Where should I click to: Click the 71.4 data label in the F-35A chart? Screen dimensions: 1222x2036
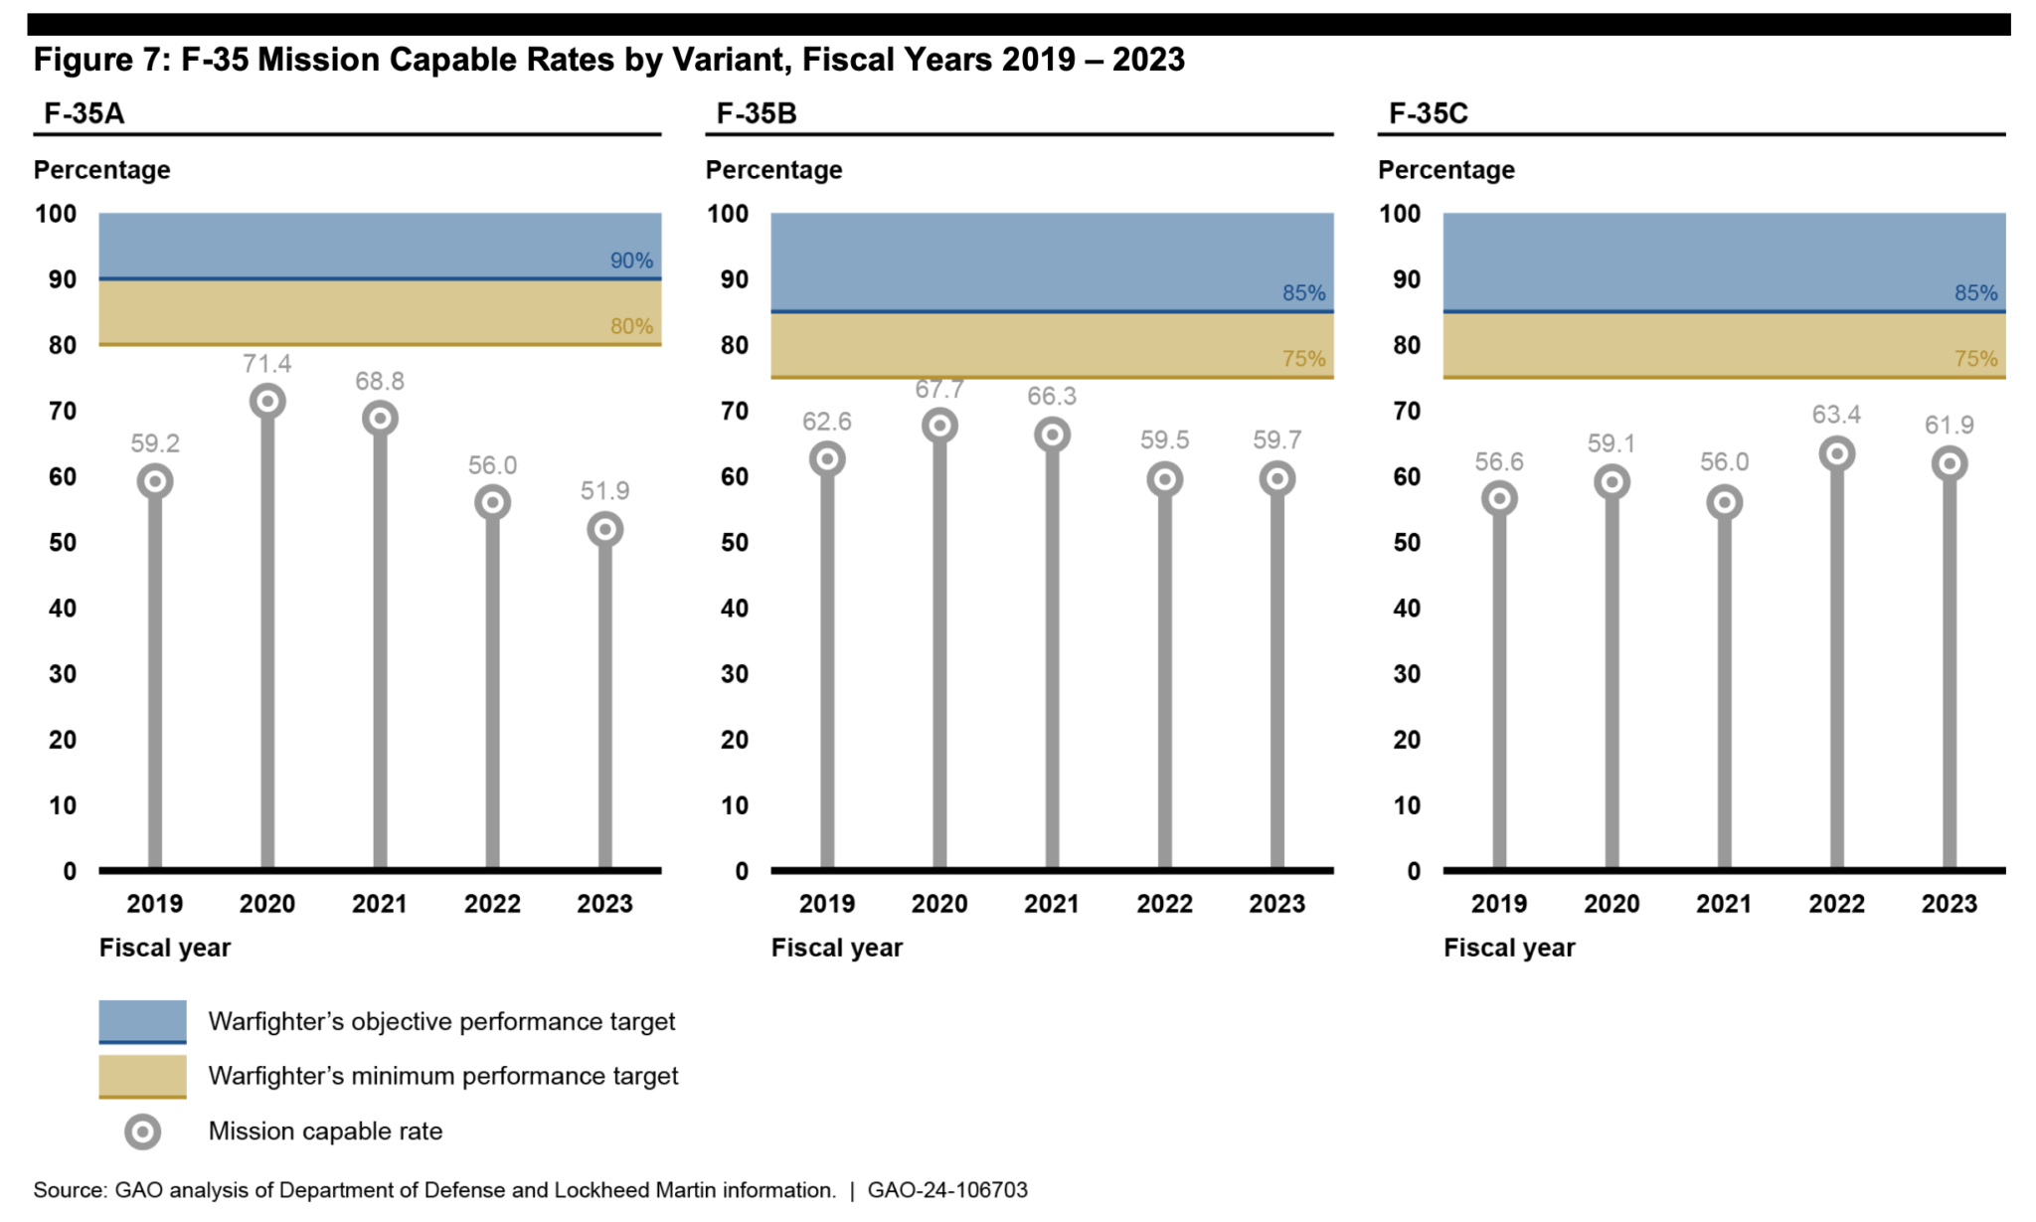point(266,364)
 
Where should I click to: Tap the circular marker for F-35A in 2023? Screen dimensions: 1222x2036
point(604,529)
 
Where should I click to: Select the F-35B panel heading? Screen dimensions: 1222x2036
point(757,113)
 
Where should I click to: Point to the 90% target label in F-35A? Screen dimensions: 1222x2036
point(631,261)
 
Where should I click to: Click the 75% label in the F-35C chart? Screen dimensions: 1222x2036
point(1975,359)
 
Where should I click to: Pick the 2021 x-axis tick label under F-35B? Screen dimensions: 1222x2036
point(1052,904)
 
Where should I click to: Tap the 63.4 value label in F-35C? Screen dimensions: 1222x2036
point(1836,415)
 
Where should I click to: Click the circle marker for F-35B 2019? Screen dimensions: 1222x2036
point(827,459)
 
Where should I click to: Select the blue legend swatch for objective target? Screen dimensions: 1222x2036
point(142,1021)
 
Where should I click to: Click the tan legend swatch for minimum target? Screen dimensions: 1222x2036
point(142,1076)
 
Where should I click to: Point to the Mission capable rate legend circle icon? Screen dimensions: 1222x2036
point(142,1132)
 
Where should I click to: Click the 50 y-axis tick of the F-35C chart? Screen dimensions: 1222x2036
point(1406,543)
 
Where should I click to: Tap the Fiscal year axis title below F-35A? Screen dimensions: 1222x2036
point(165,948)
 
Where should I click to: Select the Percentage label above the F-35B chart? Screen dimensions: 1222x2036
point(773,170)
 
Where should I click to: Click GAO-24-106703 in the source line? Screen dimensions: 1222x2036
point(946,1190)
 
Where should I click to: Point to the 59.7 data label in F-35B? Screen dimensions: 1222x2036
point(1276,440)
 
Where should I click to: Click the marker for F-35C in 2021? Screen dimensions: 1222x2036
point(1724,502)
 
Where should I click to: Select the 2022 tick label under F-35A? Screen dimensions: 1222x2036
point(492,904)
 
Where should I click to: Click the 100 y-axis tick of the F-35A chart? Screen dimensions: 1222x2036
point(56,214)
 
